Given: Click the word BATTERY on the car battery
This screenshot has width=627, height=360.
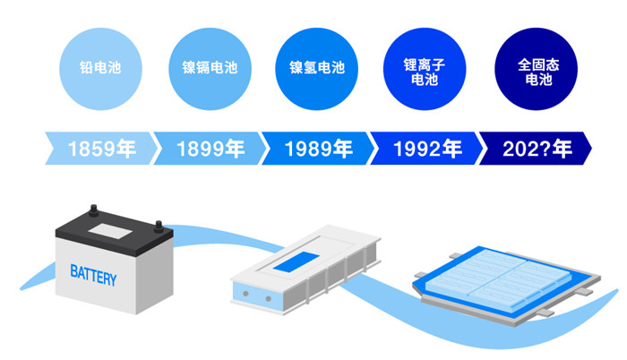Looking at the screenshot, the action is pyautogui.click(x=93, y=276).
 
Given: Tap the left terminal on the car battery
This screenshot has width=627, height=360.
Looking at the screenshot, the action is pyautogui.click(x=91, y=216).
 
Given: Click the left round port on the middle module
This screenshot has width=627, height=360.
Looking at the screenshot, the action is pyautogui.click(x=242, y=296).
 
